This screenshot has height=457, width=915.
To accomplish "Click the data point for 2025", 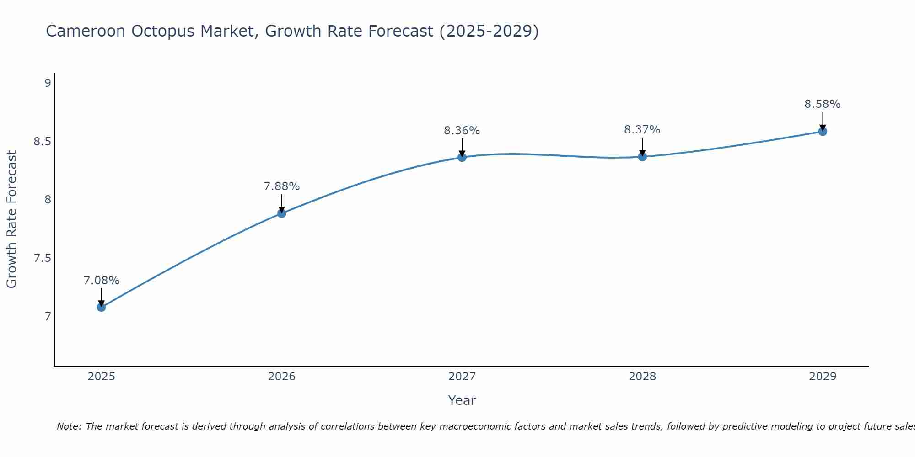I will [x=101, y=307].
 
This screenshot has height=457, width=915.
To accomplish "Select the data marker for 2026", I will [x=282, y=213].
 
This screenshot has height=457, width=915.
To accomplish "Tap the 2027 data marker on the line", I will [x=462, y=157].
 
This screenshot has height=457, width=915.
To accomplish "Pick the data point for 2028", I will [x=642, y=157].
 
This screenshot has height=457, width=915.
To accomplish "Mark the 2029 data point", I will [x=823, y=132].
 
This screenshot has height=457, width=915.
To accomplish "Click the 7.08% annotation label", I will [x=101, y=281].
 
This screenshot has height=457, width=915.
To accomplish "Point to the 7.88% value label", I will [x=282, y=186].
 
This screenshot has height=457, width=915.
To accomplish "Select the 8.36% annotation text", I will [x=462, y=131].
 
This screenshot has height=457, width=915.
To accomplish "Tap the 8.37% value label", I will [x=642, y=130].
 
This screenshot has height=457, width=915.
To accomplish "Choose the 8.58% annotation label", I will [x=823, y=104].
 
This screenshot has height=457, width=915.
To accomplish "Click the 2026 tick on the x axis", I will [x=282, y=377].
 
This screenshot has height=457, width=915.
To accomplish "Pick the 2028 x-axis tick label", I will [x=642, y=377].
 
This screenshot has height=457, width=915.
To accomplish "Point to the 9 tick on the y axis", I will [x=48, y=83].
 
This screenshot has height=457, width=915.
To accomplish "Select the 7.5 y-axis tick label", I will [x=42, y=258].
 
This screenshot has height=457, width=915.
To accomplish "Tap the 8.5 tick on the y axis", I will [x=42, y=142].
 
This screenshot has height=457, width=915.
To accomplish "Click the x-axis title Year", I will [x=462, y=400].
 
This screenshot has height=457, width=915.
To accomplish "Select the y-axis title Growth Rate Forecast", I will [x=12, y=219].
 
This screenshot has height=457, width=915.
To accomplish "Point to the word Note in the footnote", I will [x=69, y=426].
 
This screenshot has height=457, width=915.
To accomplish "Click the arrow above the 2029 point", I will [x=823, y=121].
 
